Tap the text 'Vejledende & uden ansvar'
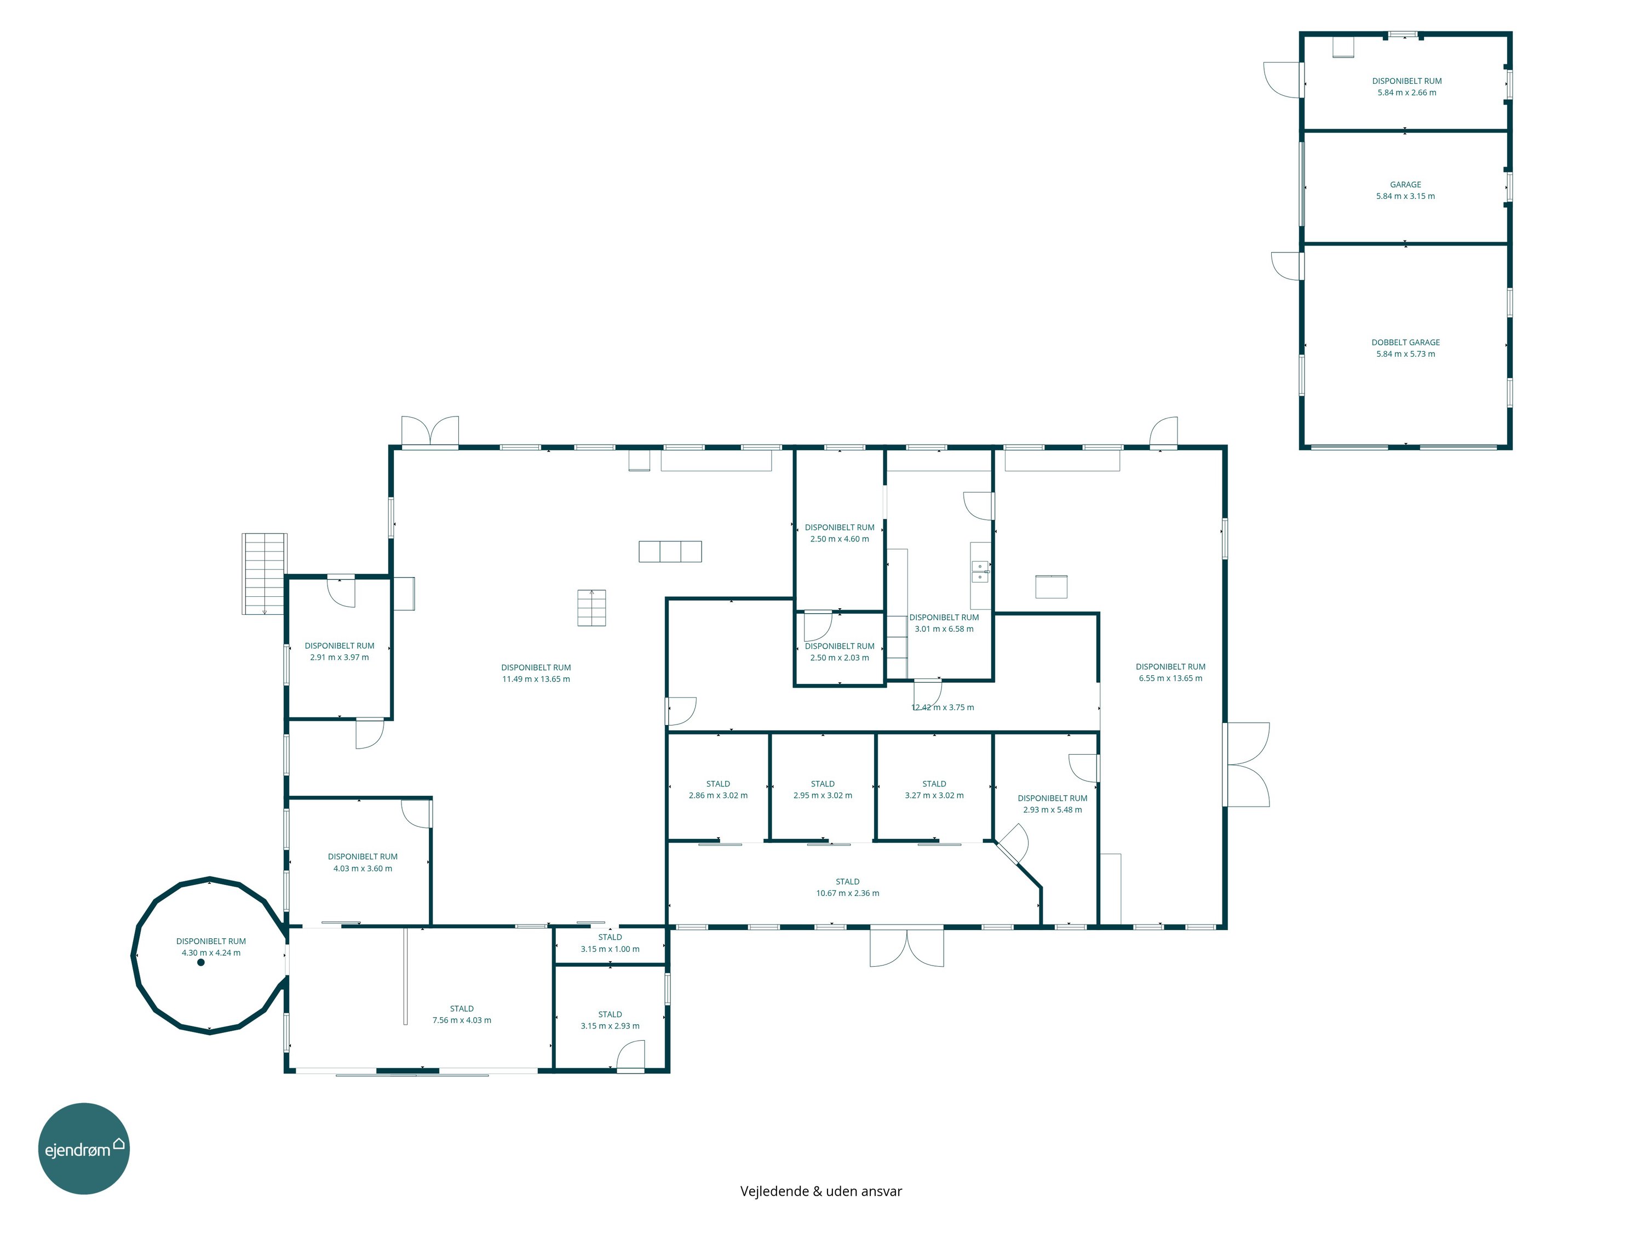coord(821,1191)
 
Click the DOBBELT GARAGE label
coord(1405,342)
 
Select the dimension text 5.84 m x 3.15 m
coord(1405,196)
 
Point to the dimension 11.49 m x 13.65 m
coord(536,680)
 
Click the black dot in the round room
coord(200,962)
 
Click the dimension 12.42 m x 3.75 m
coord(943,707)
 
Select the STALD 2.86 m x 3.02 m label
coord(717,789)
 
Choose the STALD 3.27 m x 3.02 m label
coord(934,789)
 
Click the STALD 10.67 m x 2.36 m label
coord(847,887)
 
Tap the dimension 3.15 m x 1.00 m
coord(610,949)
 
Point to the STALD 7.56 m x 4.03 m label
coord(461,1014)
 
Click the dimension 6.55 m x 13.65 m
coord(1170,678)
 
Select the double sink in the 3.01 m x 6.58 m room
coord(980,572)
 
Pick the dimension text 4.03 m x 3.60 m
coord(363,869)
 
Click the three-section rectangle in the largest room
coord(670,551)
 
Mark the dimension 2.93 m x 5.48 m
coord(1053,810)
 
